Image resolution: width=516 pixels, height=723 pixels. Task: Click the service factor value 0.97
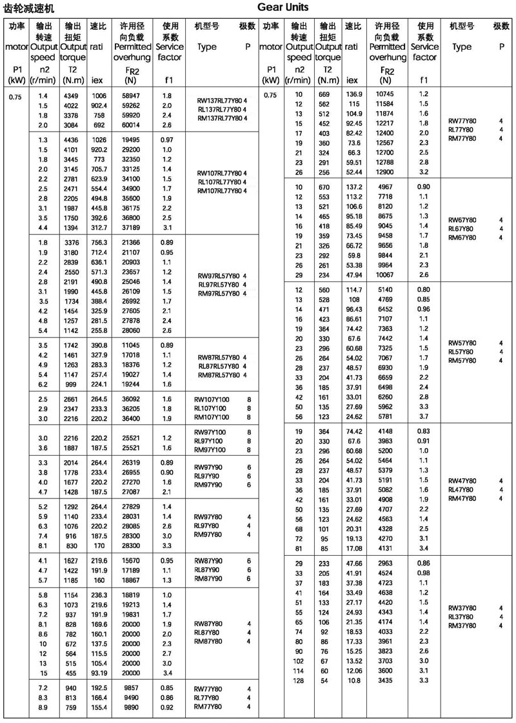pyautogui.click(x=166, y=139)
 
